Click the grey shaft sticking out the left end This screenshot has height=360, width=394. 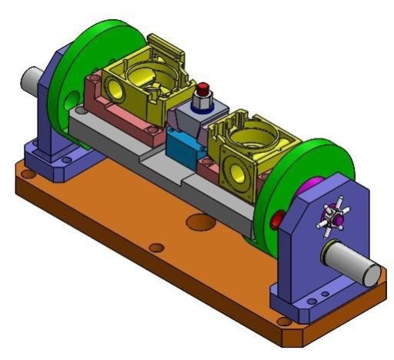coord(32,78)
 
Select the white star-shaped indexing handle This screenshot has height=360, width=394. coord(333,219)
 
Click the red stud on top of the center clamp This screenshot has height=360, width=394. coord(204,88)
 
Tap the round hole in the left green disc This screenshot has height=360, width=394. coord(72,98)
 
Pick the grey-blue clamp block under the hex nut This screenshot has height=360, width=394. coord(189,119)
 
